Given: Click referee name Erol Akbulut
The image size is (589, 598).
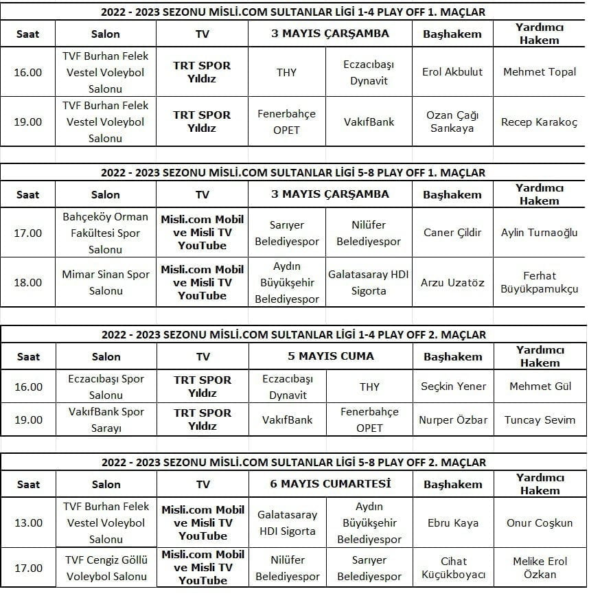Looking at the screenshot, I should click(452, 72).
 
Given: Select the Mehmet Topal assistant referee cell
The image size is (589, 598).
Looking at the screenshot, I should click(540, 72).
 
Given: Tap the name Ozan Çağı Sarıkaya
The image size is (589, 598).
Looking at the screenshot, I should click(452, 122).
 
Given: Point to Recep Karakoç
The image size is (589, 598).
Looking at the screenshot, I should click(540, 122).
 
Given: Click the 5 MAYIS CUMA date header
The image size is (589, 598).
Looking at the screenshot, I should click(331, 356).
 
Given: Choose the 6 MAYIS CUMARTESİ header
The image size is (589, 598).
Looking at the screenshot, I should click(331, 483).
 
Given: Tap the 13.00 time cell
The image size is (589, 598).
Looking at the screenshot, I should click(28, 522).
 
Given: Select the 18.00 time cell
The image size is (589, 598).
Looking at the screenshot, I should click(28, 282).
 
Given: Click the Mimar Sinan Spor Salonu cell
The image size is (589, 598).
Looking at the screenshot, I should click(106, 282).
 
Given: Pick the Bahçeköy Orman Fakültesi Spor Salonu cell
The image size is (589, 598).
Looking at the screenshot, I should click(106, 233).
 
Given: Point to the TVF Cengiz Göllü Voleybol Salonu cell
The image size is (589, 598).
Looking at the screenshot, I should click(106, 568).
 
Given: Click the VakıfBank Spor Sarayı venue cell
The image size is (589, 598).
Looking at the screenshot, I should click(106, 420).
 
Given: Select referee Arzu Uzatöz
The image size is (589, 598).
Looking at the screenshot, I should click(452, 282).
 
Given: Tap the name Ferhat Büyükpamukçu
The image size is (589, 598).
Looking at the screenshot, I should click(540, 282).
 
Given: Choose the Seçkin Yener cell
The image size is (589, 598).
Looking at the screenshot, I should click(452, 387).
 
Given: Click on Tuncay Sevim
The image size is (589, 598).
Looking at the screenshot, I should click(540, 420).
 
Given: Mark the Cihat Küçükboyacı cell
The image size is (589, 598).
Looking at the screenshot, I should click(452, 568).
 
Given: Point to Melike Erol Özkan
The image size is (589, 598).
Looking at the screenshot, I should click(540, 568).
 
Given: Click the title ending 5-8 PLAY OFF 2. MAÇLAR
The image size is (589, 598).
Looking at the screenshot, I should click(294, 462).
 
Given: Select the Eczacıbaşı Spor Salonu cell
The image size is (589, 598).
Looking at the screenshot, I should click(106, 387).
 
